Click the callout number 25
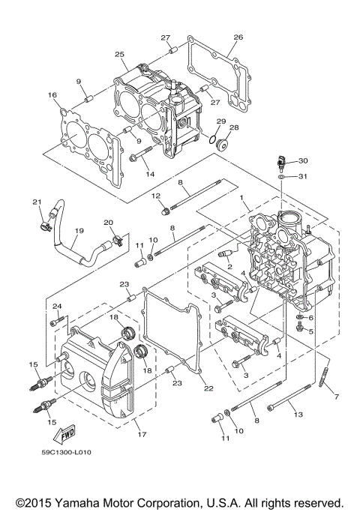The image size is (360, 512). [x=119, y=55]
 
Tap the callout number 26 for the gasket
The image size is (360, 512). [x=238, y=37]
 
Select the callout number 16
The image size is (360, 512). [x=52, y=95]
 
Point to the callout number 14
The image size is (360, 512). [x=150, y=174]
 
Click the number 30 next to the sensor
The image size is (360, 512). [x=303, y=161]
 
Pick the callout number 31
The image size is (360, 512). [x=303, y=176]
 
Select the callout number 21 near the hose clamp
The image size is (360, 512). [x=36, y=202]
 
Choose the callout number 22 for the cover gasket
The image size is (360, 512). [x=208, y=388]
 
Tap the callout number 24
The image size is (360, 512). [x=55, y=306]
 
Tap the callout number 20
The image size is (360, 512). [x=108, y=223]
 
